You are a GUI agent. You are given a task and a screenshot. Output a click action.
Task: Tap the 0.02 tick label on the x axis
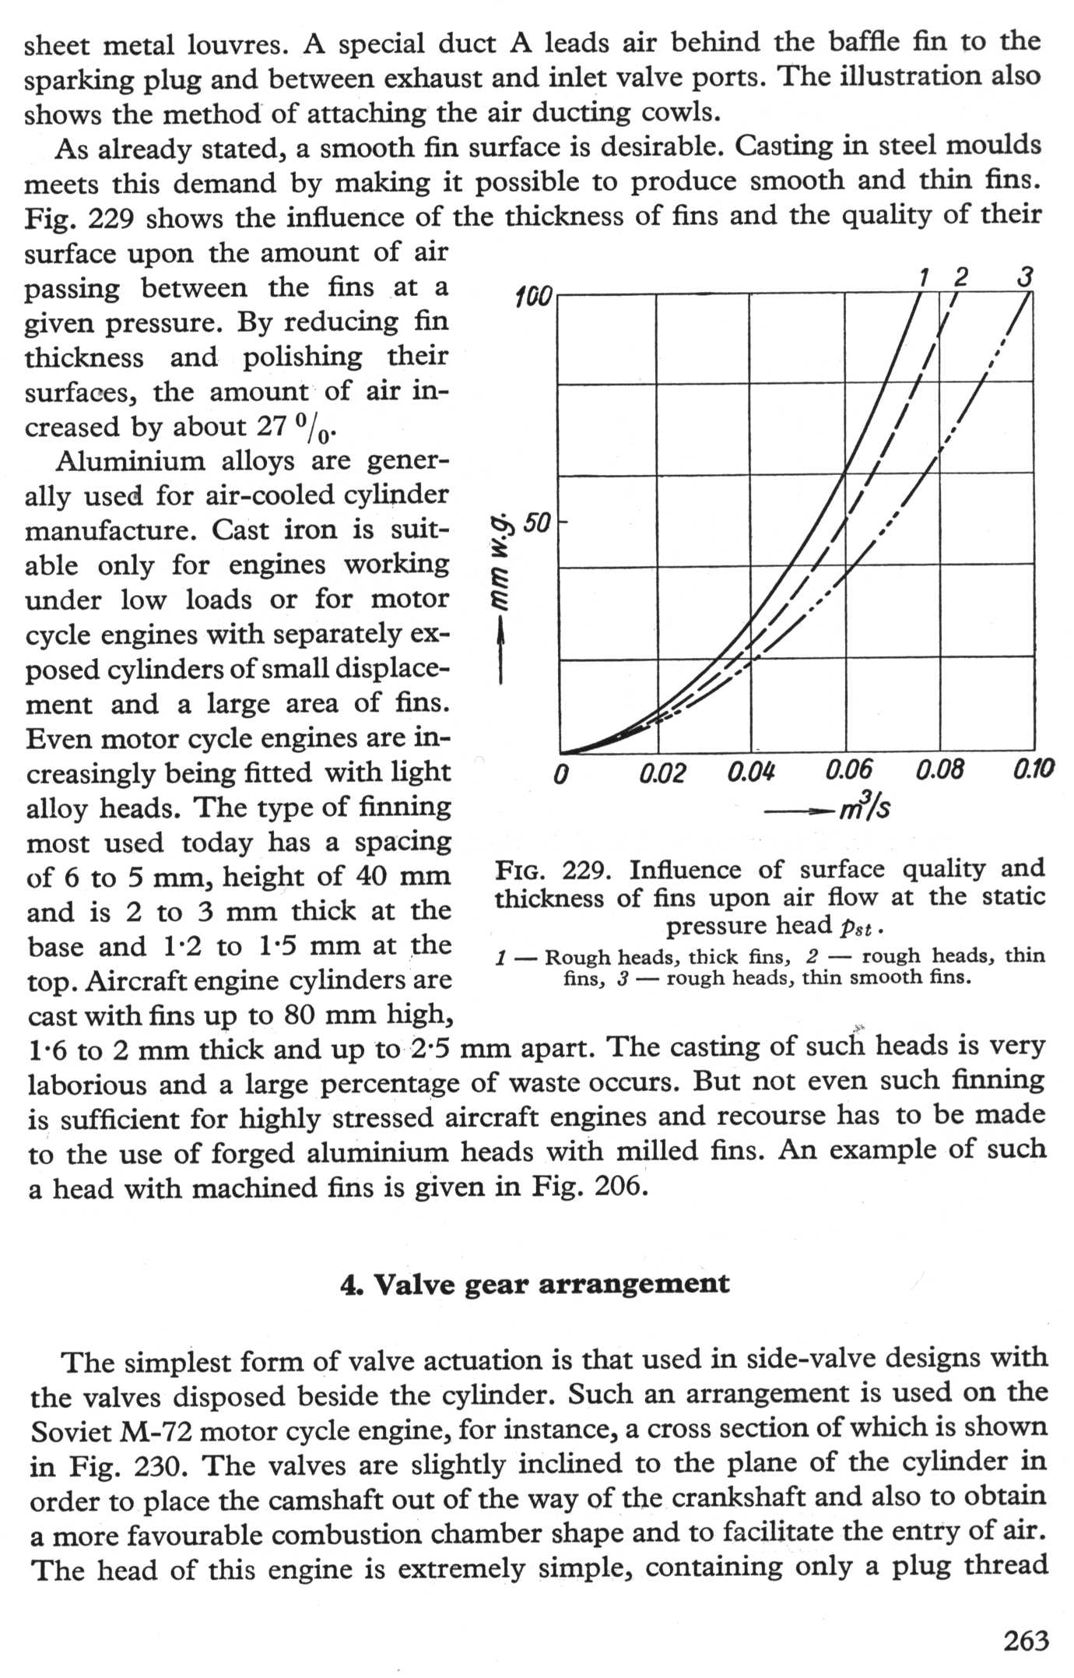[x=662, y=773]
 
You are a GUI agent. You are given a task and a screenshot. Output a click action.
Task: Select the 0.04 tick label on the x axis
[x=752, y=772]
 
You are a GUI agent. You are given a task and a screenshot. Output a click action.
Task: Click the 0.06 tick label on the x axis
[x=848, y=772]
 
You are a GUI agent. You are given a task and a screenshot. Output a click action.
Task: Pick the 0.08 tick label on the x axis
[x=940, y=771]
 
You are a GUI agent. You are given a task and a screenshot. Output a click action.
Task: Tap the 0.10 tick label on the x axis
[x=1034, y=770]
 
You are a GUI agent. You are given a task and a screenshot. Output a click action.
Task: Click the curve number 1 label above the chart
[x=924, y=276]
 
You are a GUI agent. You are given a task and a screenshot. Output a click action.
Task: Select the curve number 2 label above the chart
[x=961, y=276]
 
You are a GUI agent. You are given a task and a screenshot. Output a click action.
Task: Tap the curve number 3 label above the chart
[x=1026, y=276]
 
